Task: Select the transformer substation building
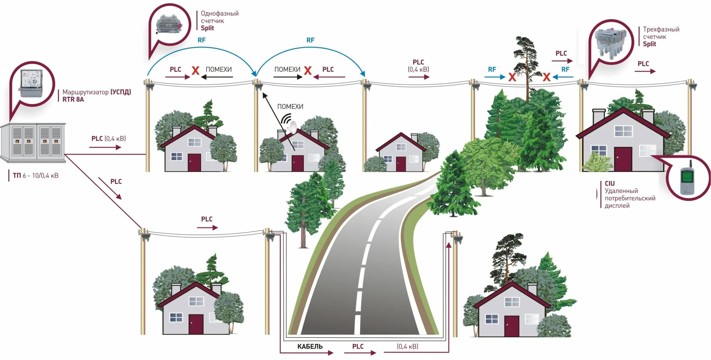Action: [33, 143]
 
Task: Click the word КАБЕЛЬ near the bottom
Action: [310, 346]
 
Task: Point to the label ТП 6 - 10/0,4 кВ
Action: [36, 175]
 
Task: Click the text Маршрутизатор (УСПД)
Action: [97, 92]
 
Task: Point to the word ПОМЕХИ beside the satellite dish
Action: [290, 107]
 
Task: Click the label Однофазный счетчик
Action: [219, 17]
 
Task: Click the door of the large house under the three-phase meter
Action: [623, 159]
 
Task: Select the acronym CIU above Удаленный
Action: [610, 183]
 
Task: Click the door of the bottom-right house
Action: [511, 326]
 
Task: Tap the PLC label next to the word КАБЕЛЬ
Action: [358, 346]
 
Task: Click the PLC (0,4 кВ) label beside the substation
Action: [109, 139]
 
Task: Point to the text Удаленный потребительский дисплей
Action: [630, 198]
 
